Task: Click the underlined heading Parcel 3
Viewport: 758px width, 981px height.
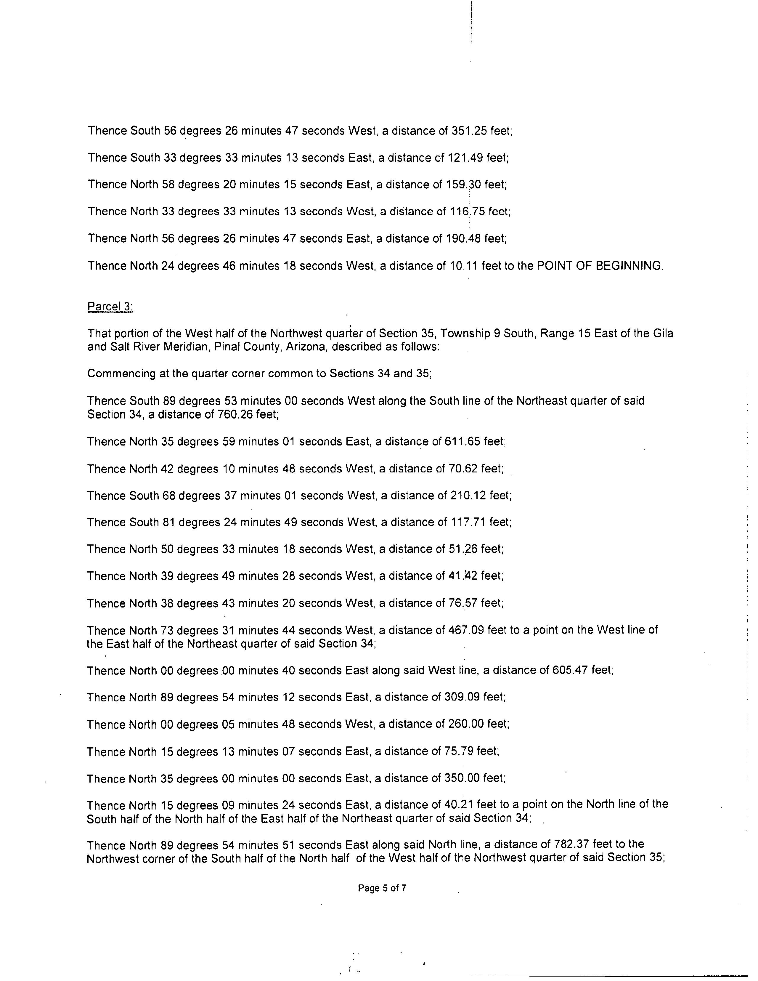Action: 110,307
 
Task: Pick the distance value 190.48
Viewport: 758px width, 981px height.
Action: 465,238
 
